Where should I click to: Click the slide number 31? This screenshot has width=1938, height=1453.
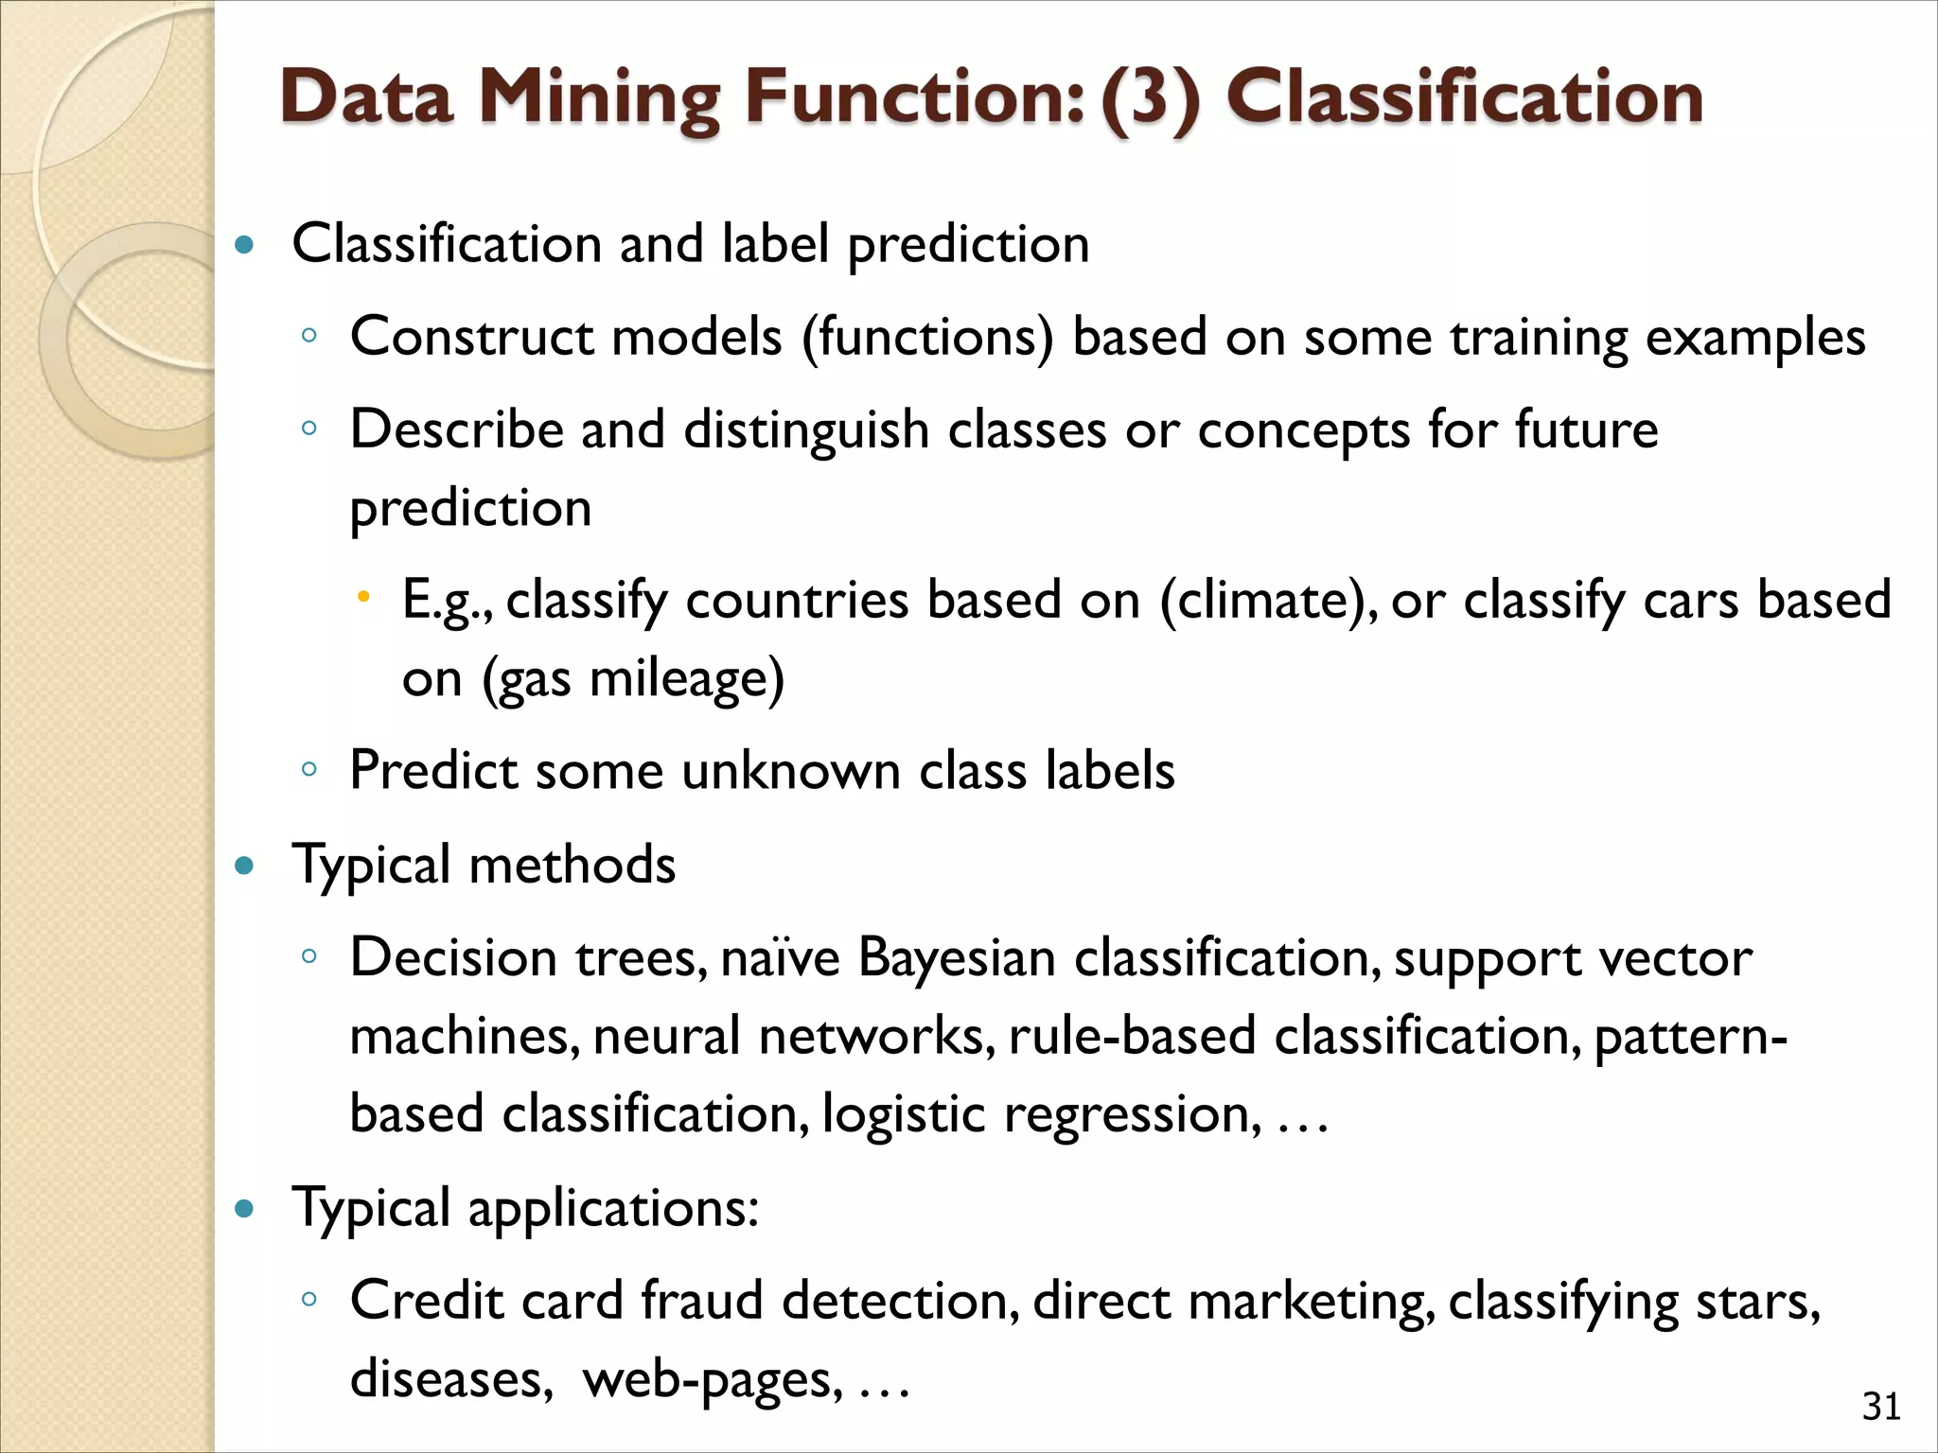click(1881, 1407)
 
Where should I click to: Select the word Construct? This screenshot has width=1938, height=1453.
click(472, 337)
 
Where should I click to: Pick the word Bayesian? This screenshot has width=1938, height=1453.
click(957, 957)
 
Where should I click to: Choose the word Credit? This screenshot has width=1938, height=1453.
click(426, 1301)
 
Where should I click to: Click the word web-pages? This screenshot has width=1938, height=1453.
click(713, 1379)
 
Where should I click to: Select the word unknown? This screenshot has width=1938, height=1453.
click(790, 770)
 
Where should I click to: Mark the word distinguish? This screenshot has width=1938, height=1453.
click(806, 430)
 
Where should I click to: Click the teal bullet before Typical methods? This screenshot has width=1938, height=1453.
click(245, 866)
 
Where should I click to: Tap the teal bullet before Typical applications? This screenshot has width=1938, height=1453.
click(245, 1208)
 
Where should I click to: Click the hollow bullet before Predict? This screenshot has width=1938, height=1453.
click(308, 769)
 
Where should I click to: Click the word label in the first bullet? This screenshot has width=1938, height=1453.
click(775, 244)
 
